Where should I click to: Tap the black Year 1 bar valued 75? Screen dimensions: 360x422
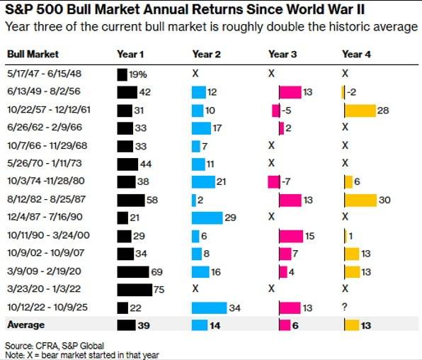(x=135, y=288)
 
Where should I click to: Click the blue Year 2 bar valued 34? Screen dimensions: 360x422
(x=209, y=307)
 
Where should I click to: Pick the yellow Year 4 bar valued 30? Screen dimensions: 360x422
(x=360, y=200)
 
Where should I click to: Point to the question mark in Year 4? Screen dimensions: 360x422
(x=344, y=307)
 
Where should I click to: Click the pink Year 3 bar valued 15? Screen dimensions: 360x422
(x=290, y=235)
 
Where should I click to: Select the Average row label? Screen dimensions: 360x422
(x=26, y=325)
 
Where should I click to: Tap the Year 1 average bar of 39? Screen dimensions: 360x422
(x=126, y=325)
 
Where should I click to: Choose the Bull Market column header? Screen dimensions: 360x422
(x=33, y=54)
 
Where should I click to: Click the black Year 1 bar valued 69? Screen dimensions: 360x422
(x=133, y=271)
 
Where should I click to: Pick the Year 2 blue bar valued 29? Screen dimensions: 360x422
(x=207, y=218)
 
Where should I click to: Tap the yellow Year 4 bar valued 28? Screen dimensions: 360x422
(x=359, y=110)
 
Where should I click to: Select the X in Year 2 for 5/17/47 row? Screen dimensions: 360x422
(x=195, y=73)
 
